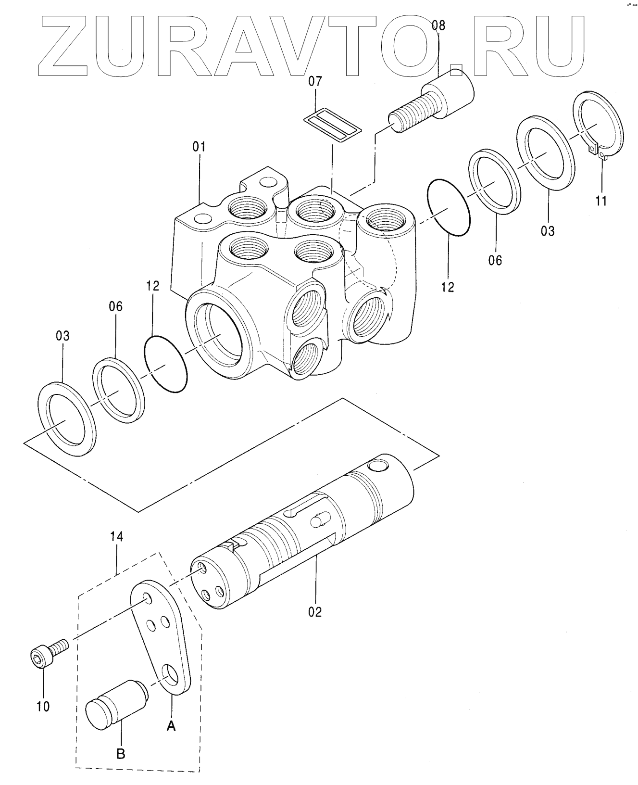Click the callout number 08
point(438,25)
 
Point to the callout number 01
point(199,147)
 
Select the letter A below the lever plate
point(171,727)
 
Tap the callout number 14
point(116,536)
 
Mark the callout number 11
point(601,201)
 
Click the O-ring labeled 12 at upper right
point(448,207)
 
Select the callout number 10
point(43,707)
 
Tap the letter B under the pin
point(121,754)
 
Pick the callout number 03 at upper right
point(548,231)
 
